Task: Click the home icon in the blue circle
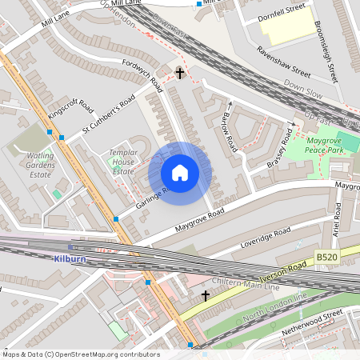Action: pos(180,173)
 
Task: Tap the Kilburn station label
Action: pos(70,259)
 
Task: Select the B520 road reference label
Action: pos(326,256)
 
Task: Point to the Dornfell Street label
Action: pos(282,17)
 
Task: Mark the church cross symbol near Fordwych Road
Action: pos(180,74)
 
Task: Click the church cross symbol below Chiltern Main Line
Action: pos(206,296)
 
